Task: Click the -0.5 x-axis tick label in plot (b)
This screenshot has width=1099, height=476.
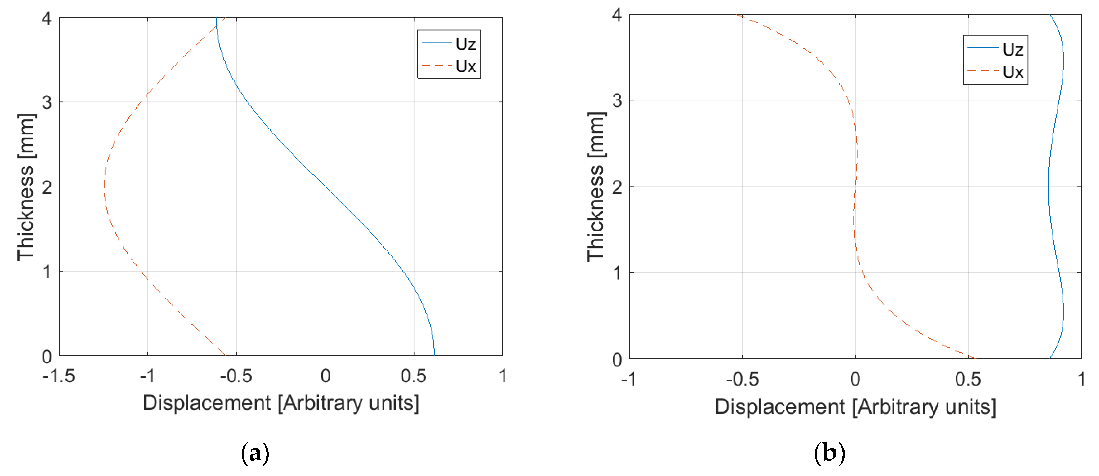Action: (x=742, y=379)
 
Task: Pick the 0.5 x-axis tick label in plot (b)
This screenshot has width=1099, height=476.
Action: (x=968, y=379)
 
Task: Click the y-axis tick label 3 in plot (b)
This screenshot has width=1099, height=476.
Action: (x=617, y=101)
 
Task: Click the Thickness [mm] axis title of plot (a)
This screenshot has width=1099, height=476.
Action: (x=26, y=187)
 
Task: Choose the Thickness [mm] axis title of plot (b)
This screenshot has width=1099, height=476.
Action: (x=595, y=187)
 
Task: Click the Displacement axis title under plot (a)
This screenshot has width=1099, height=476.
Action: (x=281, y=403)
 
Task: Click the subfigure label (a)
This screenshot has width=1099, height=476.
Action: (x=255, y=453)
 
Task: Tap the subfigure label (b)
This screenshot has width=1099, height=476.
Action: (x=829, y=453)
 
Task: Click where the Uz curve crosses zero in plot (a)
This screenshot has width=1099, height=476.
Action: (x=325, y=187)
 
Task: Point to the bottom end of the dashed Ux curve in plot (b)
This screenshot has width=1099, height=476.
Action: (x=974, y=358)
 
